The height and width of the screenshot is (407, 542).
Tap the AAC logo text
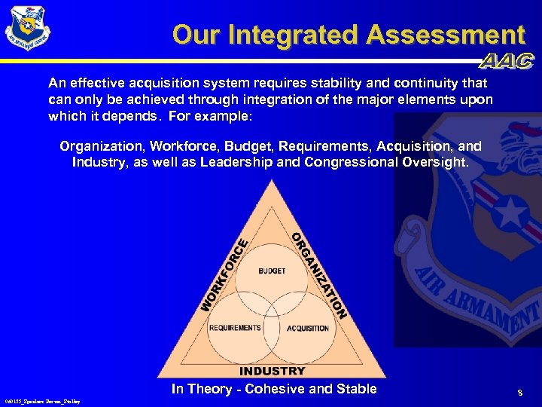pyautogui.click(x=506, y=62)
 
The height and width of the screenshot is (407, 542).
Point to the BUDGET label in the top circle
pyautogui.click(x=272, y=271)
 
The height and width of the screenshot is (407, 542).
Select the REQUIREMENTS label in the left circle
pyautogui.click(x=235, y=328)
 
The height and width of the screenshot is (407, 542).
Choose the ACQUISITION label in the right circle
pyautogui.click(x=308, y=328)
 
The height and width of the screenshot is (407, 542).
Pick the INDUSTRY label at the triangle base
pyautogui.click(x=272, y=371)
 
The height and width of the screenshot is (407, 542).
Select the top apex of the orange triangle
pyautogui.click(x=272, y=183)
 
